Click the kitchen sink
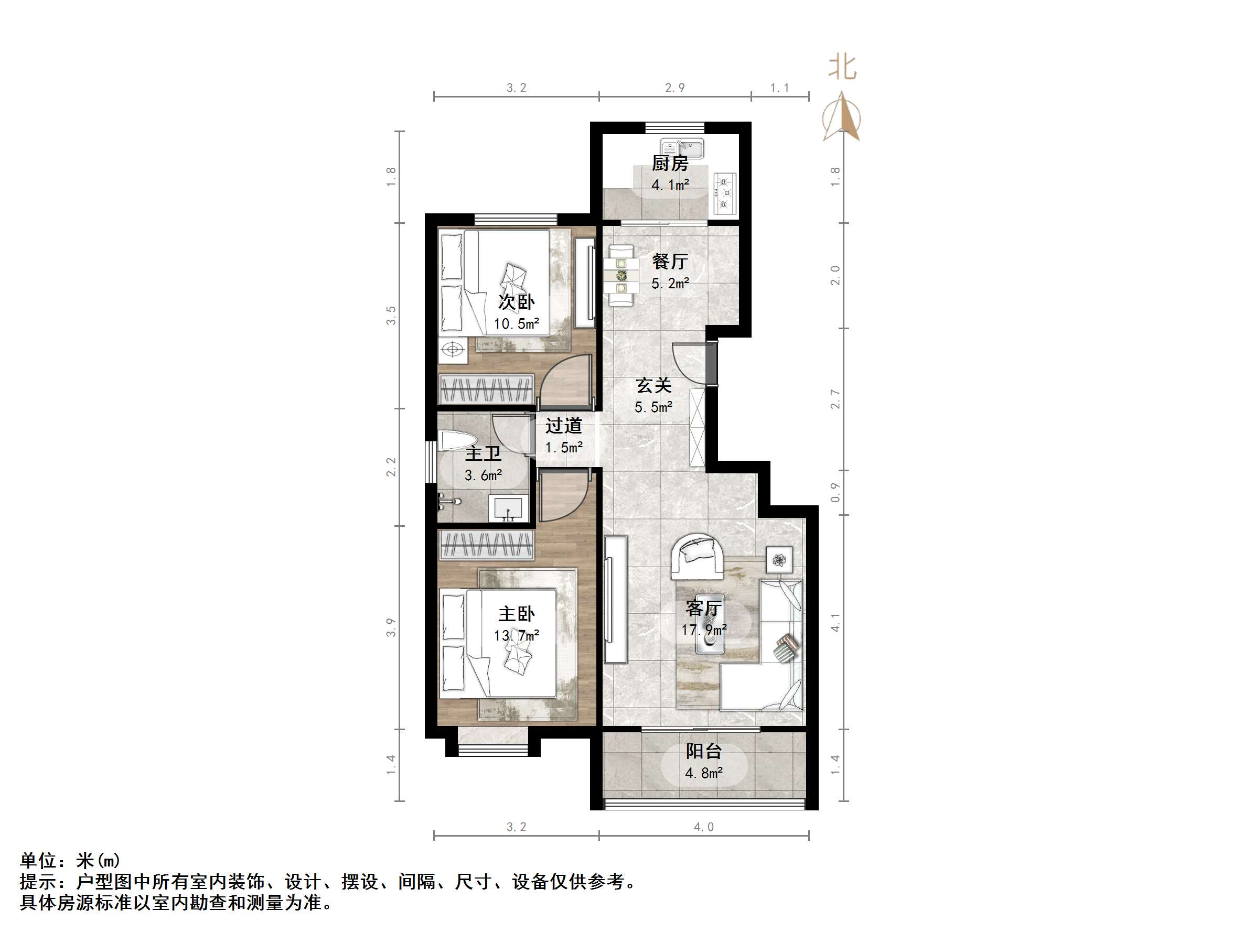(682, 148)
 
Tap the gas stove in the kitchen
(725, 193)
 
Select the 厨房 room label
(670, 164)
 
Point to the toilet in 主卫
(458, 441)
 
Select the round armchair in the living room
(698, 556)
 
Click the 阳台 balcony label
(703, 751)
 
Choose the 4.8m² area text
(703, 773)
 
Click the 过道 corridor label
(564, 426)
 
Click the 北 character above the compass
(842, 68)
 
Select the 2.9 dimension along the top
(675, 88)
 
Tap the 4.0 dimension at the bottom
(703, 827)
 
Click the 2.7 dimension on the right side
(835, 399)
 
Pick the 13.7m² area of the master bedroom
(517, 635)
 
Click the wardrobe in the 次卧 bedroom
(486, 388)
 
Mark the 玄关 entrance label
(653, 385)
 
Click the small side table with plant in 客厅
(779, 559)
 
